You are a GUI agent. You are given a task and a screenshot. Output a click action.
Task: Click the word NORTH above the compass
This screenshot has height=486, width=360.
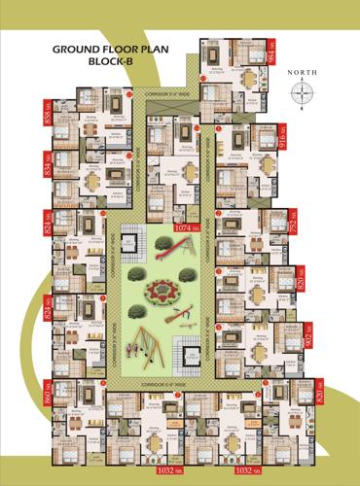304,73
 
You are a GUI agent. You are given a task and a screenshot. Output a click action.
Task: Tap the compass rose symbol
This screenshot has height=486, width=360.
304,93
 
